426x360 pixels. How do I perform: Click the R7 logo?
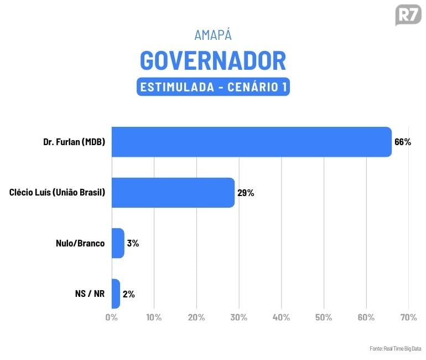(408, 15)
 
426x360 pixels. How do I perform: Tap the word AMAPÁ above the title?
(213, 34)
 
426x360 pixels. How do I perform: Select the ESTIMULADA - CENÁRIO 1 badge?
(213, 88)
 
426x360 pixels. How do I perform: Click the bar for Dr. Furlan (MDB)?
(251, 142)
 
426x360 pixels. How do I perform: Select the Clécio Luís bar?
(173, 193)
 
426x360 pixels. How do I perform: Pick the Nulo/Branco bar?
(118, 243)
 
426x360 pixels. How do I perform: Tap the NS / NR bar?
(116, 294)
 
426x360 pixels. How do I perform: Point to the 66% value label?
(402, 142)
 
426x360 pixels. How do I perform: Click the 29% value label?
(246, 193)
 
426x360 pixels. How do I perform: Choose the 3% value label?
(133, 243)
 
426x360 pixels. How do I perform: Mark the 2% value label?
(128, 294)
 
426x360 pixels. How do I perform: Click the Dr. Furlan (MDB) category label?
(74, 142)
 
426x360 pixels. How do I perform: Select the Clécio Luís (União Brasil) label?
(57, 193)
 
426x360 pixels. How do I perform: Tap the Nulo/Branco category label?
(80, 243)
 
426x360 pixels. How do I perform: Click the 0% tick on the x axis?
(112, 317)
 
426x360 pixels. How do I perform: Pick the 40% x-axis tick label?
(281, 317)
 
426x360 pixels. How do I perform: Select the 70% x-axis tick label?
(408, 317)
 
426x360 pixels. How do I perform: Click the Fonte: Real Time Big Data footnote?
(395, 348)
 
